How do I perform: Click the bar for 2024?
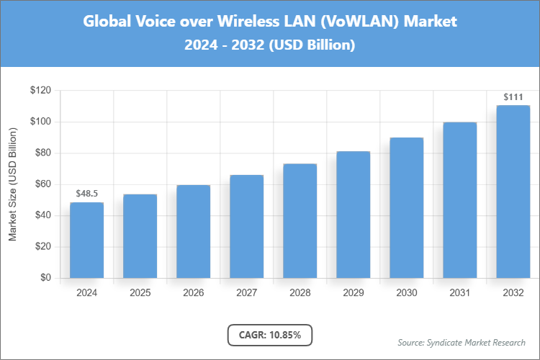point(86,240)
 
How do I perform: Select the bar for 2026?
point(193,232)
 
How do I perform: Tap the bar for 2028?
point(300,221)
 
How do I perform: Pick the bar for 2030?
point(406,208)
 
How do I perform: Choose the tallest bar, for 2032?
point(513,192)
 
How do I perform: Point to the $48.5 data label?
point(86,194)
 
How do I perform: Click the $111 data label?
point(513,96)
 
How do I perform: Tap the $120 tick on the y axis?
point(40,91)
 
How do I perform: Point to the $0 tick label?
point(45,278)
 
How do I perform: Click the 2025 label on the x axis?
point(140,293)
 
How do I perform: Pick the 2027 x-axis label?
point(246,293)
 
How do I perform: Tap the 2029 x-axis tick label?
point(353,293)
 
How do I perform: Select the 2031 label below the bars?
point(459,293)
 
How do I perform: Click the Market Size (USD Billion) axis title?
point(12,184)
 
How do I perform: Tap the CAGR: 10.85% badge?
point(269,335)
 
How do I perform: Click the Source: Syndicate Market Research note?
point(462,342)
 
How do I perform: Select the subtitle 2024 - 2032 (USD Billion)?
point(270,45)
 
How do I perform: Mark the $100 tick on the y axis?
point(40,122)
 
